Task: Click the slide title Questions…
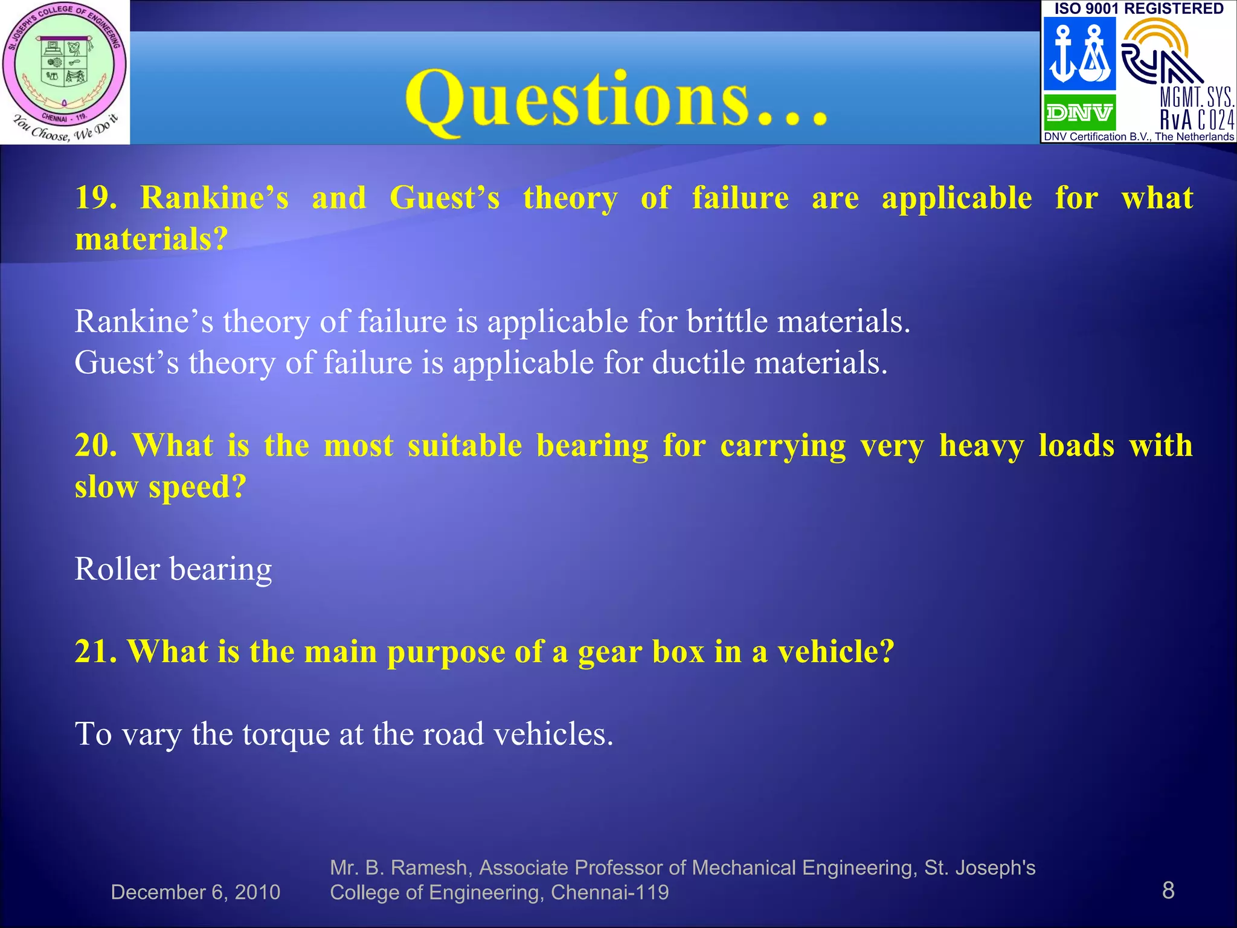pyautogui.click(x=616, y=100)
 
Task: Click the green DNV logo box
pyautogui.click(x=1079, y=112)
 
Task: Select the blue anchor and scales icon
pyautogui.click(x=1079, y=54)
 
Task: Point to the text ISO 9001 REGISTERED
pyautogui.click(x=1139, y=8)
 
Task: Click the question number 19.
pyautogui.click(x=95, y=198)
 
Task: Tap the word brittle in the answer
pyautogui.click(x=727, y=321)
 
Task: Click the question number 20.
pyautogui.click(x=95, y=446)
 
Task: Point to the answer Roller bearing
pyautogui.click(x=173, y=569)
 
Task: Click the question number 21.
pyautogui.click(x=95, y=652)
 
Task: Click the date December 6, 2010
pyautogui.click(x=195, y=892)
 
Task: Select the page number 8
pyautogui.click(x=1168, y=891)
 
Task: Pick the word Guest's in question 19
pyautogui.click(x=445, y=198)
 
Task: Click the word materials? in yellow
pyautogui.click(x=151, y=239)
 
